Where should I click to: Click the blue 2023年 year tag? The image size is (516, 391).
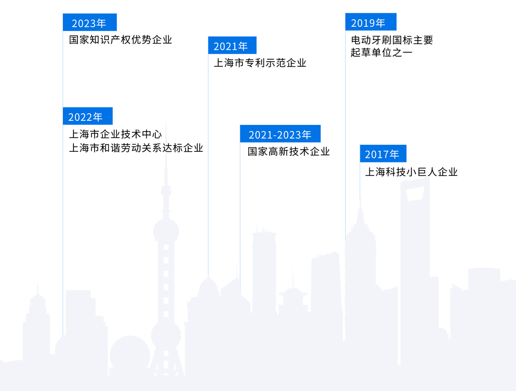pos(89,23)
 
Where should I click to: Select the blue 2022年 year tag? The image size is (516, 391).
pos(87,116)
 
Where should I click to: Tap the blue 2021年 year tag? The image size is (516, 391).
pos(231,46)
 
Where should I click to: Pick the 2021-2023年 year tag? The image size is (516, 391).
pos(280,134)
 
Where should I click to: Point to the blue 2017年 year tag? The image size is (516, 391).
pos(382,154)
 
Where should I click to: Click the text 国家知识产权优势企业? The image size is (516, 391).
pos(120,39)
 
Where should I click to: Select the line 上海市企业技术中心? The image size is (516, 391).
pos(115,134)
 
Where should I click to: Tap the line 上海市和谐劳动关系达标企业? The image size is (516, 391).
pos(136,148)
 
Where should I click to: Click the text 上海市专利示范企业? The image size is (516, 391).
pos(260,63)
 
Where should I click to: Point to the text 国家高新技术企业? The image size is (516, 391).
pos(288,151)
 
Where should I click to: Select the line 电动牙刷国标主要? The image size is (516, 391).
pos(392,40)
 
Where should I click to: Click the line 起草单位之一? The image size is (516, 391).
pos(381,52)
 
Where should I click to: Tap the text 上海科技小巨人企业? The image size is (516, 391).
pos(411,172)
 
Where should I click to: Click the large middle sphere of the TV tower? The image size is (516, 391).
pos(166,230)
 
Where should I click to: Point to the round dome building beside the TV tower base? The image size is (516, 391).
pos(131,354)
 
